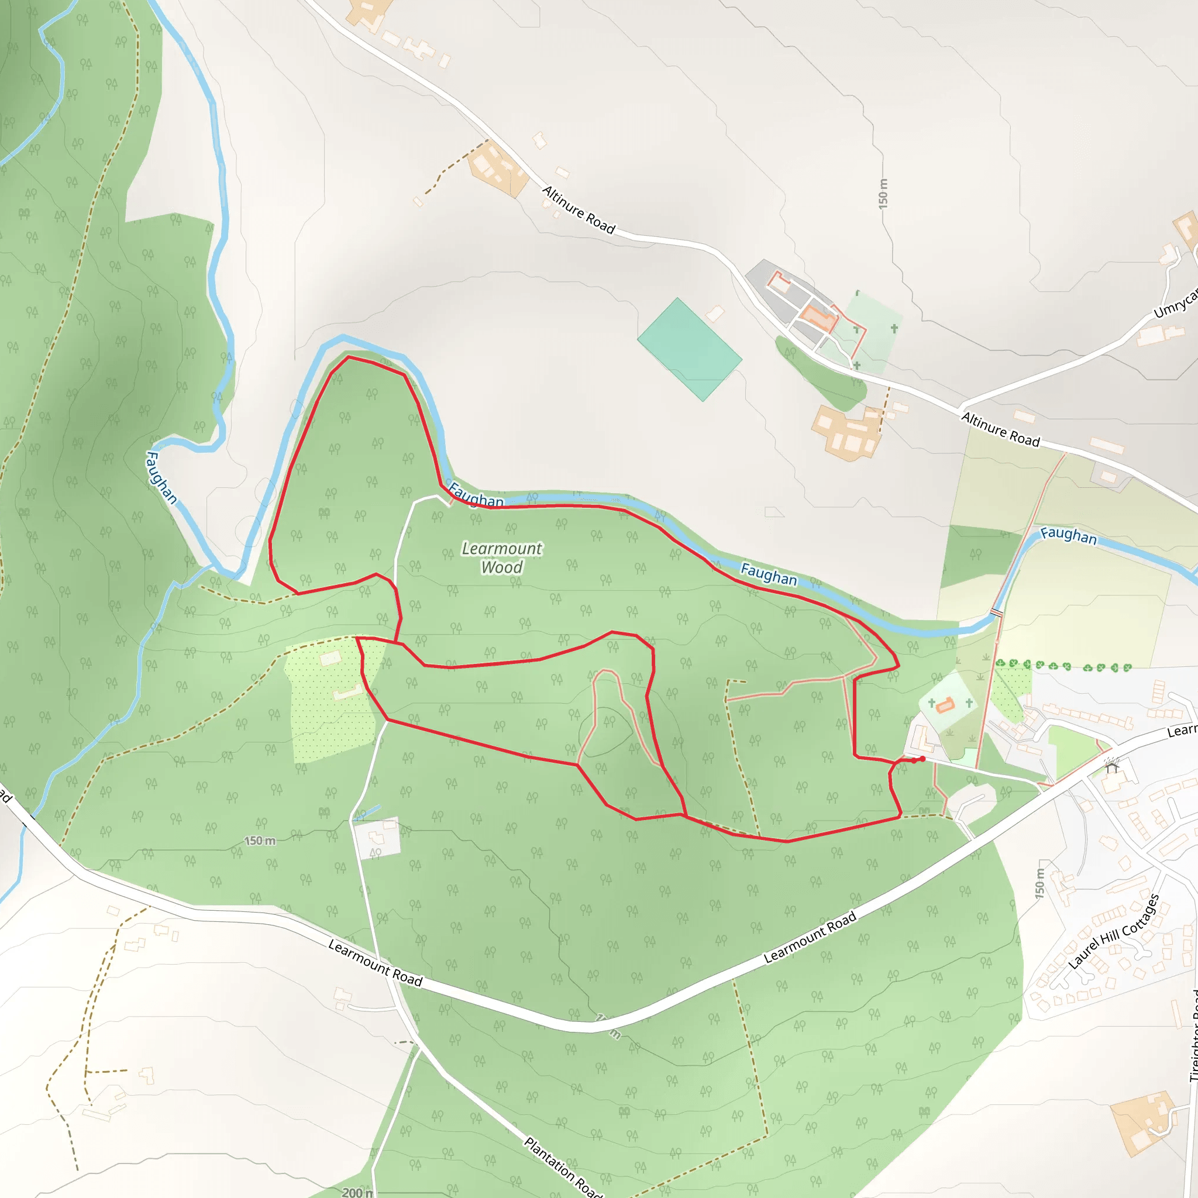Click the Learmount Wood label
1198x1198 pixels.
(x=502, y=557)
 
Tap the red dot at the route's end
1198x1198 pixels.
(x=922, y=759)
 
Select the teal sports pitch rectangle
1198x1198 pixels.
(x=689, y=349)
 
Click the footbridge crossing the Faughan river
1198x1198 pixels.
(x=996, y=612)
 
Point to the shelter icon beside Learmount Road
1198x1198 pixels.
(x=1112, y=767)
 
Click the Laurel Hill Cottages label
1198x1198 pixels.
(x=1114, y=932)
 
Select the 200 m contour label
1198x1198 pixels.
(x=357, y=1192)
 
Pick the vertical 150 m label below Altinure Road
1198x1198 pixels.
(x=883, y=194)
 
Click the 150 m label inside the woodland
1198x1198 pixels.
(x=260, y=841)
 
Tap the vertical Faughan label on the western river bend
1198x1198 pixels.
(x=161, y=477)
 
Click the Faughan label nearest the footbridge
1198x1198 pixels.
(x=1068, y=535)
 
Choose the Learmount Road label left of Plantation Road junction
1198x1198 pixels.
(x=375, y=963)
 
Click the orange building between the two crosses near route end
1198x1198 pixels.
(x=944, y=705)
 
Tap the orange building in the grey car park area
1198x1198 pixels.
(x=817, y=318)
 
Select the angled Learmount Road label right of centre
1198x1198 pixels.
(x=810, y=937)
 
